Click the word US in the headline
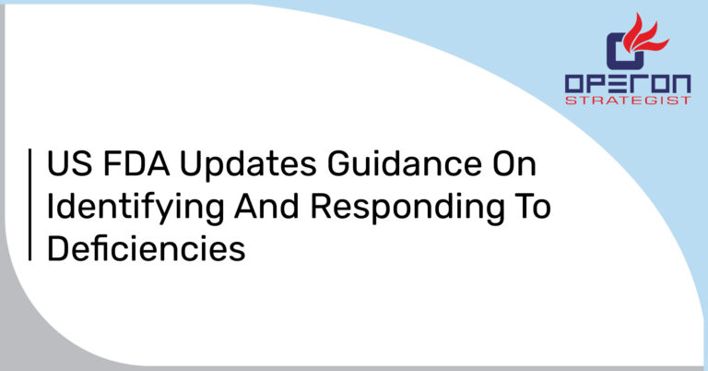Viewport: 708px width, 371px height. [x=69, y=169]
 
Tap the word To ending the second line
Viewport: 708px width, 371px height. [x=529, y=208]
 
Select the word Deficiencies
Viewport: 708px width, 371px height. [x=146, y=248]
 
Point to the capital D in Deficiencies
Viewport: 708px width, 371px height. [x=58, y=248]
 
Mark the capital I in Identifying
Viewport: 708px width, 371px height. [x=51, y=208]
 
